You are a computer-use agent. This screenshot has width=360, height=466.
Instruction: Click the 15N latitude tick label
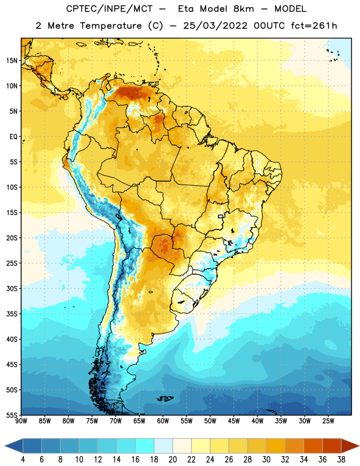click(x=12, y=61)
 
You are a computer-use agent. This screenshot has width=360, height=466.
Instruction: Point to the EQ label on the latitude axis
click(x=13, y=137)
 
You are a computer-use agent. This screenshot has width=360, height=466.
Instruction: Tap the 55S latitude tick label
click(x=12, y=415)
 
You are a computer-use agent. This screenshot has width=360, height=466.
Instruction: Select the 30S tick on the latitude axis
click(x=12, y=288)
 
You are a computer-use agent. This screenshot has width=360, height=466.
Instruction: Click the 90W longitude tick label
click(x=21, y=421)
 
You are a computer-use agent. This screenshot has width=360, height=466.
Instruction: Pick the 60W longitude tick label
click(x=163, y=421)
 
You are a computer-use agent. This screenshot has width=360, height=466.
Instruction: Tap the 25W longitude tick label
click(x=328, y=421)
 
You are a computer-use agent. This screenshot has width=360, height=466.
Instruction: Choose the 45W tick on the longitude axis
click(x=234, y=421)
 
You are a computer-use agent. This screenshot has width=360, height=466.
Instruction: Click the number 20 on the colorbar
click(x=172, y=460)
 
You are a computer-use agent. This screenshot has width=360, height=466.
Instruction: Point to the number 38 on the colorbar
click(x=341, y=460)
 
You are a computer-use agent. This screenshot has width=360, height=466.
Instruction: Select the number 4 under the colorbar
click(x=23, y=460)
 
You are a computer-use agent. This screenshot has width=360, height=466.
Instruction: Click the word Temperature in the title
click(x=111, y=26)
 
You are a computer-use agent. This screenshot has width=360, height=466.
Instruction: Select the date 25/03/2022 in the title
click(x=215, y=26)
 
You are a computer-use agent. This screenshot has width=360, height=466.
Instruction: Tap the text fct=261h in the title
click(x=314, y=26)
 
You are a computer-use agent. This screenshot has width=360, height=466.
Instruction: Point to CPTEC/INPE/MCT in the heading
click(x=109, y=9)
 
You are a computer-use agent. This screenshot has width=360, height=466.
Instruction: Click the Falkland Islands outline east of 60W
click(x=165, y=398)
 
